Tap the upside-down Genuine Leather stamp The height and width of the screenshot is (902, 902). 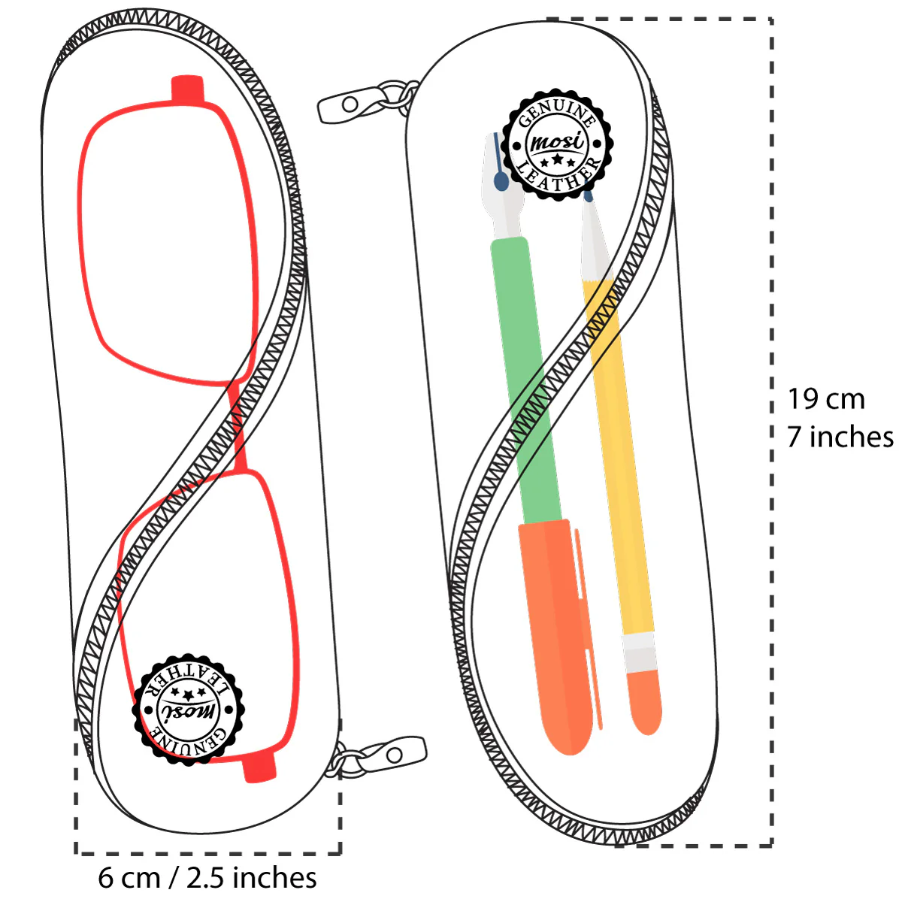[x=187, y=710]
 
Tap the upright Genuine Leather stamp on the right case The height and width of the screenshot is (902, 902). [x=557, y=144]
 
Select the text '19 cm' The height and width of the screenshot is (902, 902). [x=825, y=399]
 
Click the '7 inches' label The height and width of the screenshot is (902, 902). [x=840, y=437]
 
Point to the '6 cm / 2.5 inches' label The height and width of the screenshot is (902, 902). [x=207, y=877]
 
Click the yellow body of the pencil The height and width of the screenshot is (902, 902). [x=620, y=451]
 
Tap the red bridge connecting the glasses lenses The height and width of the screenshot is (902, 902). [x=238, y=428]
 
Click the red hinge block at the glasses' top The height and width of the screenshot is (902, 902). [x=187, y=88]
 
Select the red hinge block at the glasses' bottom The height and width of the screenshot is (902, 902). [x=259, y=768]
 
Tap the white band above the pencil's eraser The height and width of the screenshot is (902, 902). [x=640, y=651]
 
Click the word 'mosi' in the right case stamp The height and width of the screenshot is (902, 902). [x=557, y=142]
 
